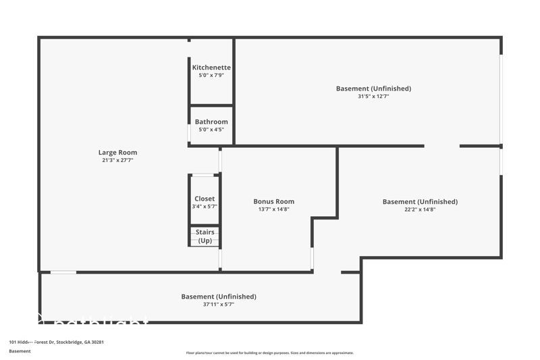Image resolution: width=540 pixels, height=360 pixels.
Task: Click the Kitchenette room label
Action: tap(211, 68)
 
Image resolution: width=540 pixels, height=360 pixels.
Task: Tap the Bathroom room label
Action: tap(211, 122)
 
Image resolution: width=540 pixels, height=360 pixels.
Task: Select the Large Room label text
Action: tap(117, 153)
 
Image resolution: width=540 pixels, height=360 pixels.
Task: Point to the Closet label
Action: tap(205, 199)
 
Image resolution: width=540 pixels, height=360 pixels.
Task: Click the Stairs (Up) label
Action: tap(205, 236)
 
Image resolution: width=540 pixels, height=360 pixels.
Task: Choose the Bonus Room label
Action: tap(273, 201)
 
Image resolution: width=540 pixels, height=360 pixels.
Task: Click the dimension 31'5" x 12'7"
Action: tap(373, 97)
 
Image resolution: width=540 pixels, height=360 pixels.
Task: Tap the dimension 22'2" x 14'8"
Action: tap(420, 209)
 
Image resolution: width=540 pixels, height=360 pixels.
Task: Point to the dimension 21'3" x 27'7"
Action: tap(117, 161)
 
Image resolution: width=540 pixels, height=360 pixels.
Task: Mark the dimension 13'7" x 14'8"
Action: tap(273, 209)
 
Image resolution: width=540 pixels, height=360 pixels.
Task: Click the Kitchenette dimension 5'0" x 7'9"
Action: tap(211, 76)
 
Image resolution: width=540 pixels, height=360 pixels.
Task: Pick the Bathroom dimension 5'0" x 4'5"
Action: tap(211, 130)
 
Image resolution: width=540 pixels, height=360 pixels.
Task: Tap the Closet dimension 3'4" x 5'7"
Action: tap(205, 207)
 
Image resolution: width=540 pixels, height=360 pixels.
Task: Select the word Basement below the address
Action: tap(20, 351)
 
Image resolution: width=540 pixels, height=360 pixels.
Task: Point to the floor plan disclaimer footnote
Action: tap(269, 353)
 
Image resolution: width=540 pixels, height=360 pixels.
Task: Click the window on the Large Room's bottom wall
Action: tap(63, 272)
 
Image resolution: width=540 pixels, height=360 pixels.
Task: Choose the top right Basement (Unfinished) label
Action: tap(373, 88)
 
